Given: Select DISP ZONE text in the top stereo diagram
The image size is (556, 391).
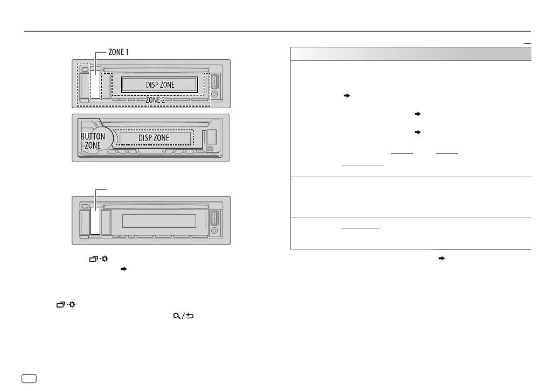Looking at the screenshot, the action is (159, 85).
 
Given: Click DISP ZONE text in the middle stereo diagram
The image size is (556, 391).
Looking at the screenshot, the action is (154, 138).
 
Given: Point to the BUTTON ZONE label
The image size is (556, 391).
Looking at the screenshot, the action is (93, 142).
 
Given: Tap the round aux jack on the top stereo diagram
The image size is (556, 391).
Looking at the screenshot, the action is (215, 94).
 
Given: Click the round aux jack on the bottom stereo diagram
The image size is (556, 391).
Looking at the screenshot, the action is (215, 231).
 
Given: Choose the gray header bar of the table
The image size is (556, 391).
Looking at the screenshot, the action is (411, 54).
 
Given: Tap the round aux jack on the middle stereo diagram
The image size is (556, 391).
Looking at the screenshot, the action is (210, 149).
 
